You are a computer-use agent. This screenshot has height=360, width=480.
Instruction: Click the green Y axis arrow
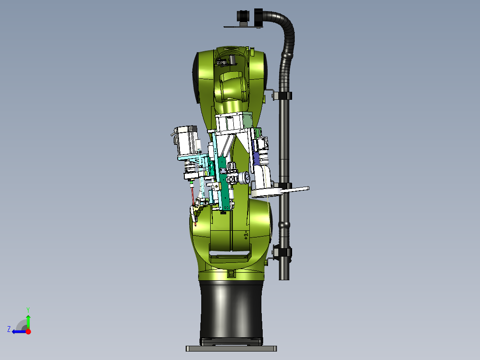click(28, 321)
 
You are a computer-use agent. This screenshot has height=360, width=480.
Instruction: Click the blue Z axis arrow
click(19, 331)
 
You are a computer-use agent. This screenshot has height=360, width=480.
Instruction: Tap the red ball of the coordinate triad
click(28, 331)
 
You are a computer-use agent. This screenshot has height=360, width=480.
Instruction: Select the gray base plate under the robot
click(231, 348)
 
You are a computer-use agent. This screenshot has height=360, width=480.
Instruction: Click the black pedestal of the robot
click(231, 312)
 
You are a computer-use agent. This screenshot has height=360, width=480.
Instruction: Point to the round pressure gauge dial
click(244, 178)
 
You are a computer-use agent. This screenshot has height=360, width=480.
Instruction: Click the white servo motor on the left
click(187, 140)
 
